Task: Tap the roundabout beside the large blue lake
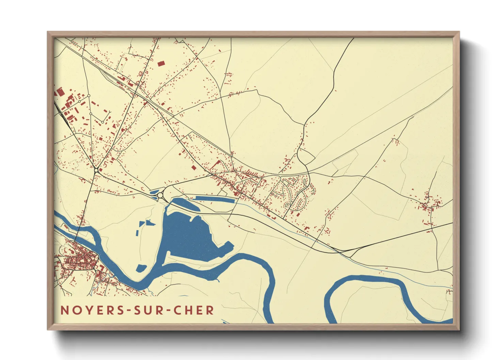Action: pyautogui.click(x=160, y=195)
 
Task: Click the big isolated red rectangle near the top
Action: pyautogui.click(x=161, y=63)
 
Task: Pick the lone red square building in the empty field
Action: pyautogui.click(x=194, y=167)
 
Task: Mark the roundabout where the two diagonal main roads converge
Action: pyautogui.click(x=96, y=169)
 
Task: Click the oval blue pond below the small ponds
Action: pyautogui.click(x=141, y=268)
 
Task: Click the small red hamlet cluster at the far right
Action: pyautogui.click(x=430, y=204)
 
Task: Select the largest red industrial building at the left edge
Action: pyautogui.click(x=60, y=92)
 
